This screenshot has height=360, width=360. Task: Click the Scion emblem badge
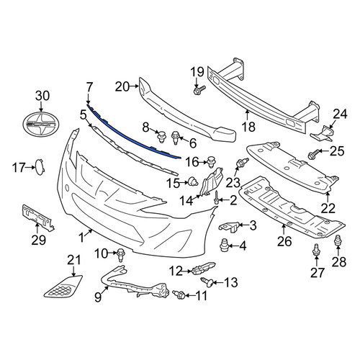41,125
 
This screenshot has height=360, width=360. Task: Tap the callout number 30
42,96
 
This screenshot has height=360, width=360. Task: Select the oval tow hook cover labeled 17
40,167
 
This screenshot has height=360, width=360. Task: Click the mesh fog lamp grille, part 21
63,287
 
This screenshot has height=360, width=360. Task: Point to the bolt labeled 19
199,90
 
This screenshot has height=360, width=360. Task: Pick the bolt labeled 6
175,138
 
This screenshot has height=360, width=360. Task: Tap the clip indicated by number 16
211,162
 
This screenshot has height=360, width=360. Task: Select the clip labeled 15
193,181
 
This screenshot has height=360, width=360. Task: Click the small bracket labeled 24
322,133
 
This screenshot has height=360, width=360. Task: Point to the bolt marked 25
313,154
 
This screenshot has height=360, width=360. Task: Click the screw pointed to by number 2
217,197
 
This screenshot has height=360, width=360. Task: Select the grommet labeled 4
224,245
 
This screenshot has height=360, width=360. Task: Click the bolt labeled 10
120,256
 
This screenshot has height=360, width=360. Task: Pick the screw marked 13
207,281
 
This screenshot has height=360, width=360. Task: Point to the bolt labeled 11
179,294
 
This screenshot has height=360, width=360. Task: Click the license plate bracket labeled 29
38,217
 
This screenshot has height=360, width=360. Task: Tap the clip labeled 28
338,240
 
